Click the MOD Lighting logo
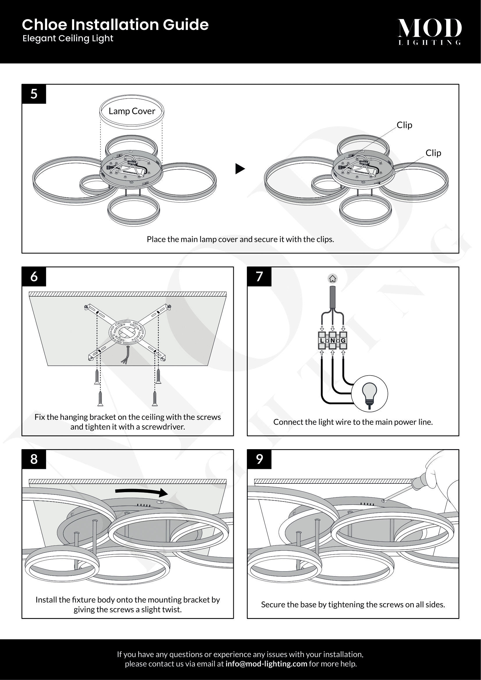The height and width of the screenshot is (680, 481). point(430,31)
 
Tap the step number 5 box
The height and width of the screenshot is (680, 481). point(34,94)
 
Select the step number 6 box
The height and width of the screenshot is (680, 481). point(34,276)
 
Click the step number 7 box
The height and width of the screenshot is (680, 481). point(259,276)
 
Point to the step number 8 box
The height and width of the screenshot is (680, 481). point(34,459)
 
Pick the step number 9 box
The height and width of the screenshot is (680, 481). point(259,459)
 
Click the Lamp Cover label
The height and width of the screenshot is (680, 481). point(132,111)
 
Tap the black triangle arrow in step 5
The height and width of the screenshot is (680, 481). point(240,169)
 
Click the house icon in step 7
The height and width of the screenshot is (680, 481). point(333,279)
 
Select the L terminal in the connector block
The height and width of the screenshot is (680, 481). point(322,341)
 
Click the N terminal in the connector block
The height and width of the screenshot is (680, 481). point(333,341)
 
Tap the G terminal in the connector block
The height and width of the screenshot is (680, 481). point(343,341)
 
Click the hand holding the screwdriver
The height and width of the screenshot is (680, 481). point(441,471)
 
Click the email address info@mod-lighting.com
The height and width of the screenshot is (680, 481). point(266,664)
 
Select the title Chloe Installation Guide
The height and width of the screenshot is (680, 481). point(115,25)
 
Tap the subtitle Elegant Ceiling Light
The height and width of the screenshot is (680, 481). point(68,38)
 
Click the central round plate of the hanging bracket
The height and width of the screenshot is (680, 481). point(127,332)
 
